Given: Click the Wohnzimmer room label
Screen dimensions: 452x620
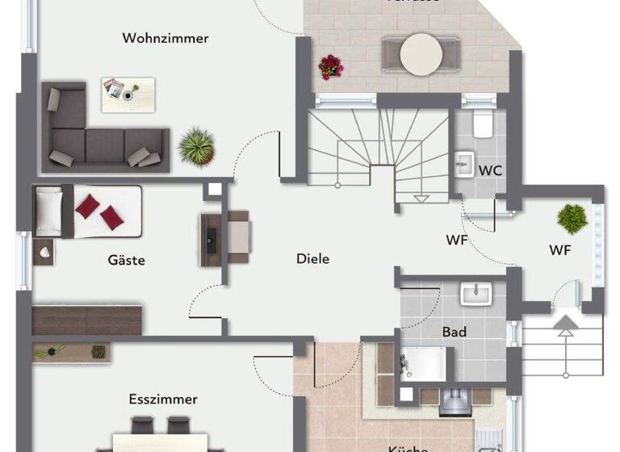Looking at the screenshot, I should click(165, 38).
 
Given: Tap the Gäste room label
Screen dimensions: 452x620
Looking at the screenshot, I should click(126, 260).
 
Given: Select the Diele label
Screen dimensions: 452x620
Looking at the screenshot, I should click(313, 258).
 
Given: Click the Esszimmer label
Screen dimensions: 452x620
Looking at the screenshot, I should click(163, 399).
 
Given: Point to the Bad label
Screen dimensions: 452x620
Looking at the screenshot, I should click(454, 331).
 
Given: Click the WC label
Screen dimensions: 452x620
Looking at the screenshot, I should click(490, 170).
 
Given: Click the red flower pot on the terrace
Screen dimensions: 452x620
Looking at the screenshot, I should click(329, 65).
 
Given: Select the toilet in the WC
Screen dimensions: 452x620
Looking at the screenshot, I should click(484, 125).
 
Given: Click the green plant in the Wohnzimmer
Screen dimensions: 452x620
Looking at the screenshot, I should click(197, 146).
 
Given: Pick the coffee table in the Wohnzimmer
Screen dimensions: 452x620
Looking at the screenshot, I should click(127, 94).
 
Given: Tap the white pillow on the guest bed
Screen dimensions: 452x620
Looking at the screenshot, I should click(48, 212).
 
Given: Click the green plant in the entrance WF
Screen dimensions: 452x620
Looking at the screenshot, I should click(572, 218).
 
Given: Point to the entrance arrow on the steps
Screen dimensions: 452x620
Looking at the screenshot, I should click(564, 326).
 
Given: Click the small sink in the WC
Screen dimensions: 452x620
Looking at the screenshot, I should click(464, 164).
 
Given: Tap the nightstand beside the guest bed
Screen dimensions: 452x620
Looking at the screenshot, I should click(43, 252).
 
